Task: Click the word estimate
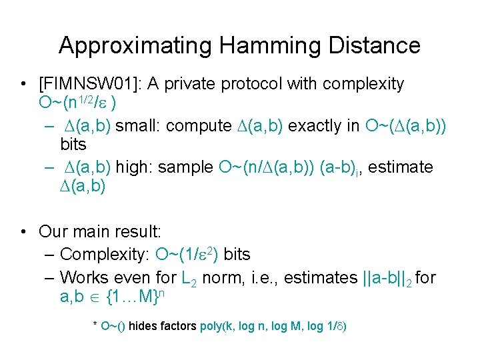(400, 167)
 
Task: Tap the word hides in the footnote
(144, 327)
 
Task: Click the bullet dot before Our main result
(24, 232)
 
